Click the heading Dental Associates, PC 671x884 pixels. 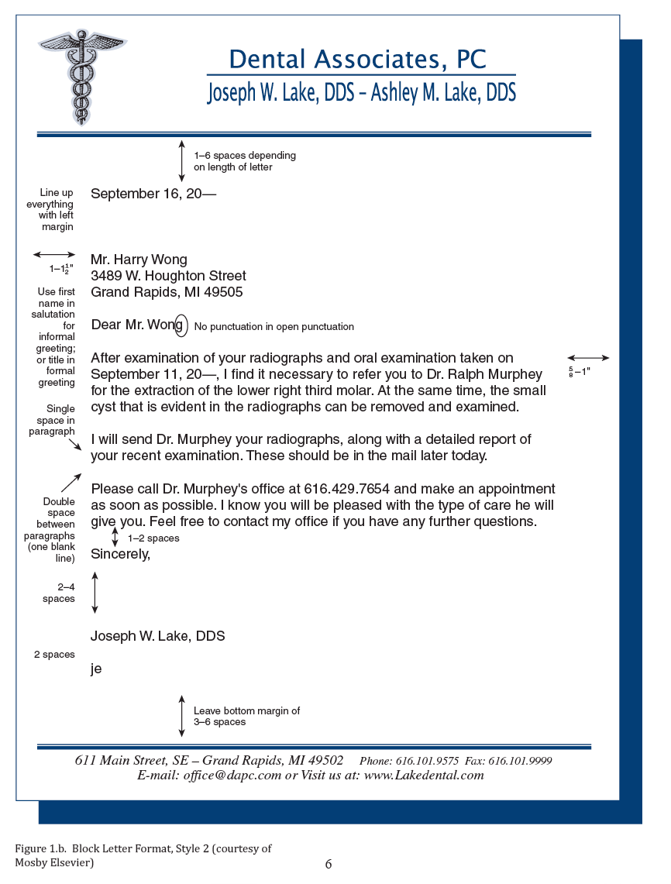click(358, 60)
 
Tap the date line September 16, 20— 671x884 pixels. click(153, 194)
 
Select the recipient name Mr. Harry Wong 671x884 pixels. click(139, 260)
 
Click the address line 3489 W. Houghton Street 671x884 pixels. click(168, 276)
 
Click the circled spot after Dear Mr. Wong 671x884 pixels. click(181, 325)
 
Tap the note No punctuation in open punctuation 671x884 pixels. click(274, 327)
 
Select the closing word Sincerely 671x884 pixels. click(120, 554)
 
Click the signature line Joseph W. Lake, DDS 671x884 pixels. click(158, 636)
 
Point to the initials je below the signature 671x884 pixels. click(96, 669)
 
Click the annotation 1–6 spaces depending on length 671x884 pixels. click(244, 161)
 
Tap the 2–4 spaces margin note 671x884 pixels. click(59, 593)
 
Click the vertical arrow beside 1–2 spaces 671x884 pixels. click(115, 537)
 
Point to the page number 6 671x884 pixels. click(329, 865)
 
